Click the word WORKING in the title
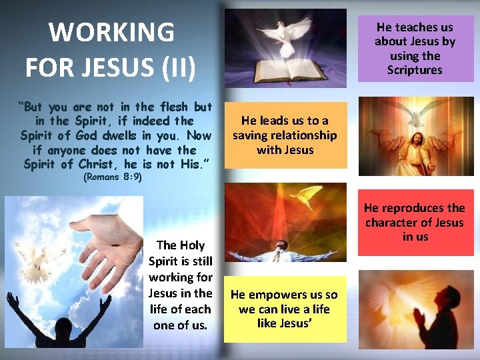[111, 32]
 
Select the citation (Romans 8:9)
[111, 178]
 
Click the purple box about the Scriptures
[415, 49]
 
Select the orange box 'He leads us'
[285, 135]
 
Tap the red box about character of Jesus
[415, 222]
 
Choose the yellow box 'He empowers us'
[285, 309]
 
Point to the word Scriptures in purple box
[415, 70]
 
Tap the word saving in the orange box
[251, 135]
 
